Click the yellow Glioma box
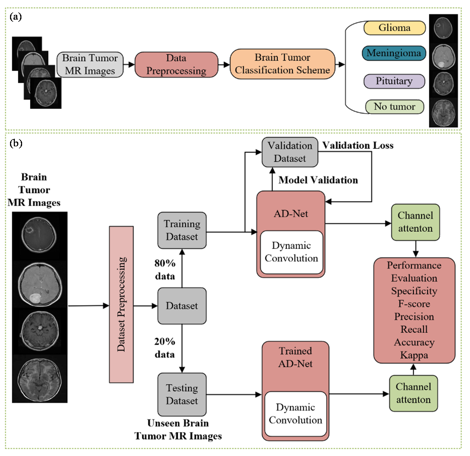(394, 28)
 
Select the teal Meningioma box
(394, 53)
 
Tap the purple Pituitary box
(394, 81)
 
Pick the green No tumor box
(394, 107)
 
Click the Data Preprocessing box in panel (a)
(176, 65)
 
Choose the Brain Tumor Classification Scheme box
(282, 64)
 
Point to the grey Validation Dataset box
(290, 152)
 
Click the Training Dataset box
(182, 230)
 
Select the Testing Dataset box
(182, 394)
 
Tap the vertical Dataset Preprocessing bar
(122, 304)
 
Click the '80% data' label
(165, 270)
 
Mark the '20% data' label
(164, 348)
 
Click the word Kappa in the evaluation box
(414, 355)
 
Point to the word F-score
(414, 304)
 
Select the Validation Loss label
(358, 146)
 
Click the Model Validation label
(318, 180)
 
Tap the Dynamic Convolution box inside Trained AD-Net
(295, 414)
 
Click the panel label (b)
(16, 143)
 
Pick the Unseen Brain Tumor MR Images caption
(178, 429)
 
